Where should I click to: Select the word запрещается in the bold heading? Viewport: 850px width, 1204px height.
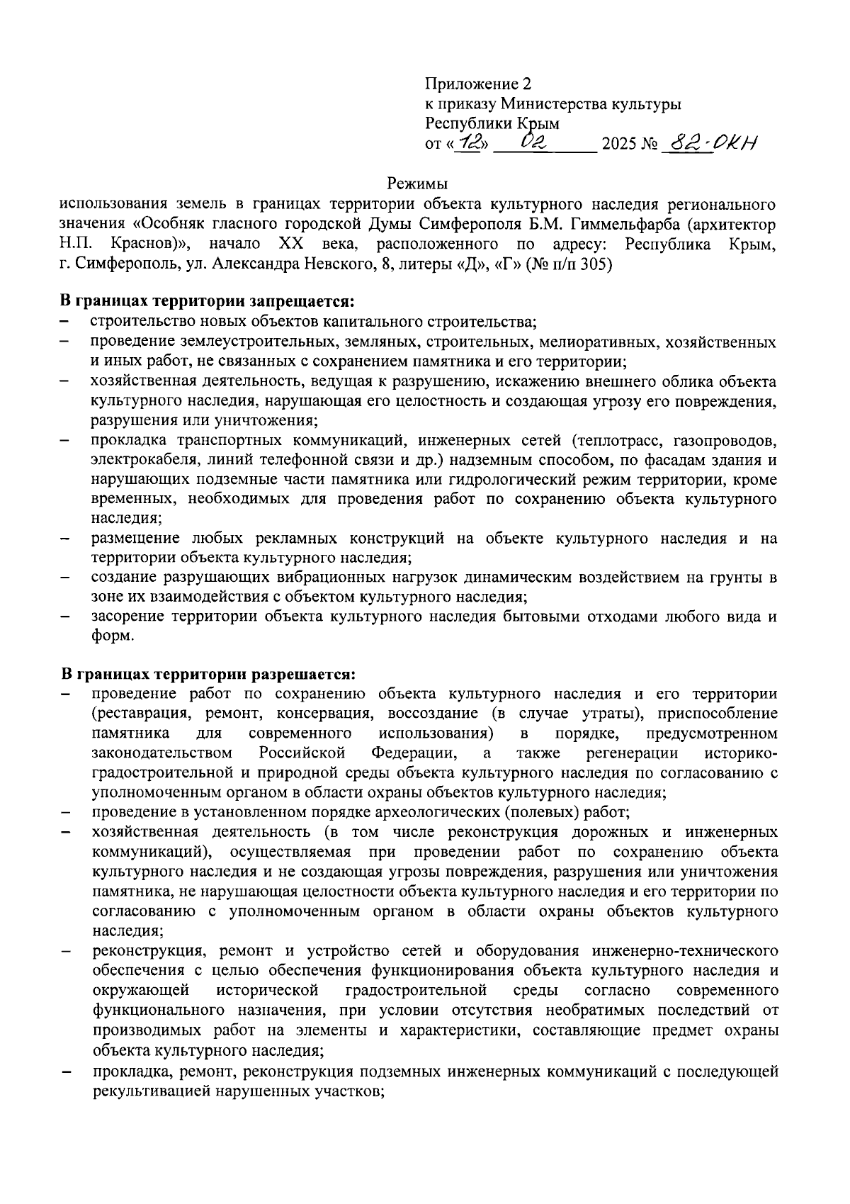tap(303, 302)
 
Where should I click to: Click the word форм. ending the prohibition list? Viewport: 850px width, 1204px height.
tap(113, 636)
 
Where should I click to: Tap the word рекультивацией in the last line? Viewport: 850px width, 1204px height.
tap(147, 1091)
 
